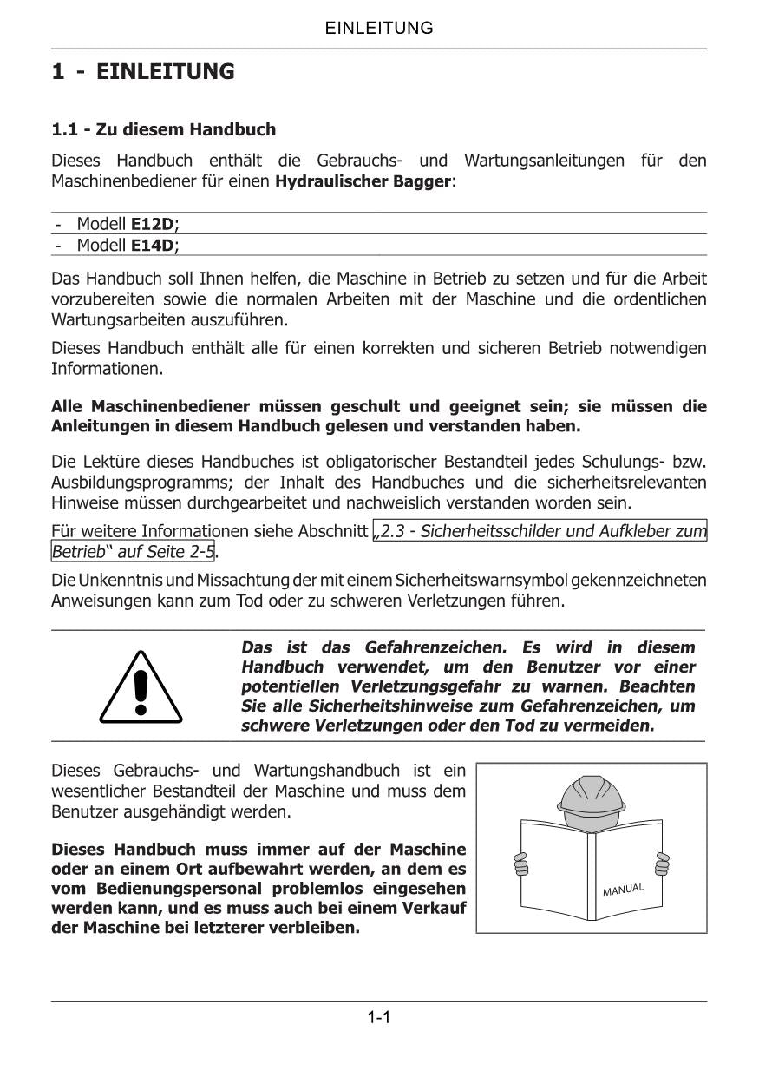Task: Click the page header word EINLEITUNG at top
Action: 379,28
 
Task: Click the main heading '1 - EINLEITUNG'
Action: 143,72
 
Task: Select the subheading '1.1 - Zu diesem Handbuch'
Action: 164,130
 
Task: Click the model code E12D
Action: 152,224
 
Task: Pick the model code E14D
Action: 152,246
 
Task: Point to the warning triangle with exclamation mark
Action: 141,688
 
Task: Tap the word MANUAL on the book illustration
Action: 623,890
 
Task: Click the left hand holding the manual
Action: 520,864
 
